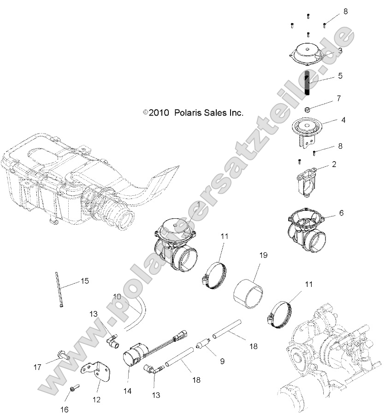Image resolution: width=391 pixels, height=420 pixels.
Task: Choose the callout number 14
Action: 127,391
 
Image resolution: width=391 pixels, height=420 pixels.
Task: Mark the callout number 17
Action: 37,367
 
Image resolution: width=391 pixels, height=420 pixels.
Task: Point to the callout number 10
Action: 117,297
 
